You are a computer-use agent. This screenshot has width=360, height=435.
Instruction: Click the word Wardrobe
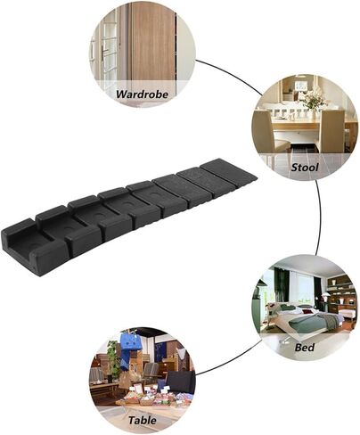(142, 94)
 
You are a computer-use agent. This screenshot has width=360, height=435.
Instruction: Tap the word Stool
(305, 168)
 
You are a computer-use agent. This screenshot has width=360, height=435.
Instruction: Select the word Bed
(305, 347)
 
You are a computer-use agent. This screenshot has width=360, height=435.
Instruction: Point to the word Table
(143, 420)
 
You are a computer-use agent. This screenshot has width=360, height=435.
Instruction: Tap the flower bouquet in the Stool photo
(313, 101)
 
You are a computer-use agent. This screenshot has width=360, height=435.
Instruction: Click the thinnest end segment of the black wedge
(229, 171)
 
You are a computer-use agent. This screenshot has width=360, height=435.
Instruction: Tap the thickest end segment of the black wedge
(33, 247)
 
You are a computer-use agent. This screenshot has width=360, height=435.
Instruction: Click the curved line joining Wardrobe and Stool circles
(231, 74)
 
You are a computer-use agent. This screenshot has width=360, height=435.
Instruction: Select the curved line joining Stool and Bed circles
(319, 217)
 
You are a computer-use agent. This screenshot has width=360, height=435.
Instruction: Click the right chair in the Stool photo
(331, 131)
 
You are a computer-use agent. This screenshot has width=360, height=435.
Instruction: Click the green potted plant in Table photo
(112, 359)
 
